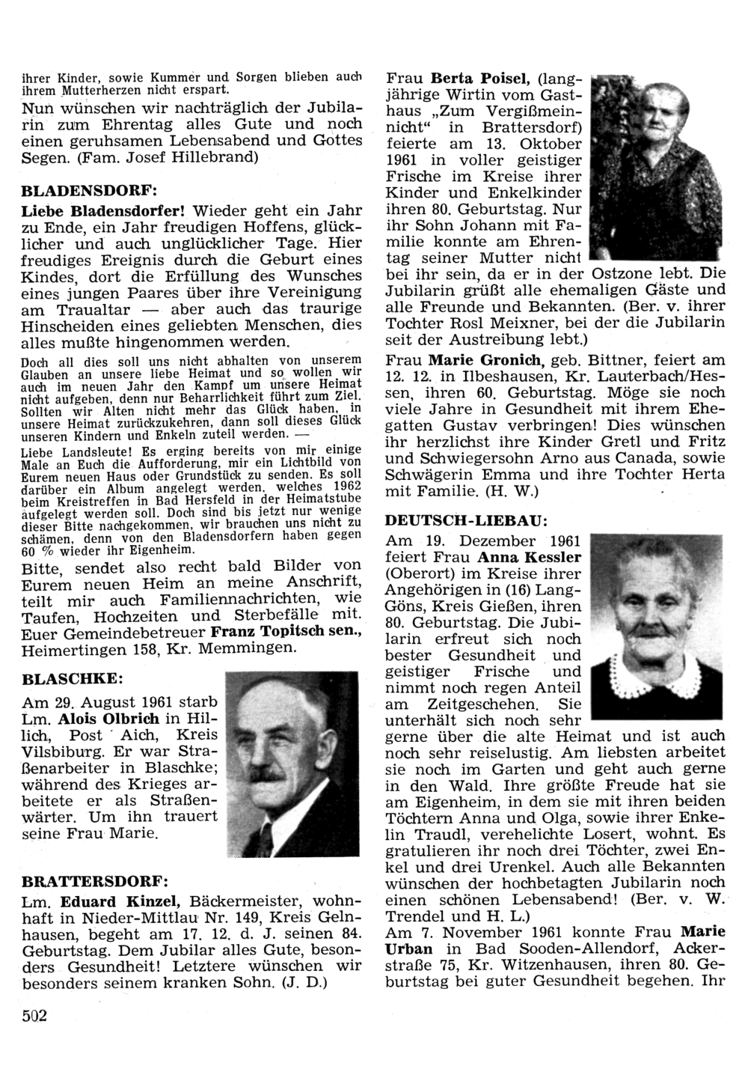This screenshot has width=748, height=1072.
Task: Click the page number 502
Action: [x=34, y=1015]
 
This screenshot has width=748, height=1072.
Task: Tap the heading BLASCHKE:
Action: [x=73, y=679]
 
